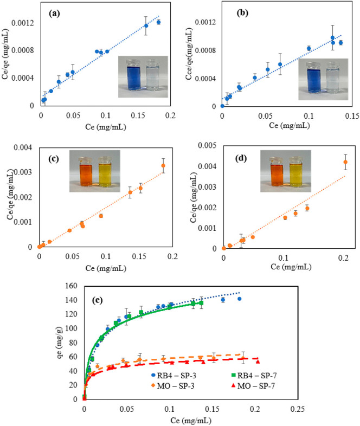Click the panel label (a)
pos(54,14)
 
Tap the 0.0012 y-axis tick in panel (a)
pos(23,23)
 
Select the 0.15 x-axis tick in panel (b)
pos(352,116)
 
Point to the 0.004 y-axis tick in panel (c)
pos(23,147)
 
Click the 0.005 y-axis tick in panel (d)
pos(207,145)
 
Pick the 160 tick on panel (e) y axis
pos(71,286)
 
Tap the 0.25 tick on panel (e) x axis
pos(297,409)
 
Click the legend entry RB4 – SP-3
pos(173,376)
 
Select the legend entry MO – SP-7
pos(254,386)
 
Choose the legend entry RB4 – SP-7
pos(254,376)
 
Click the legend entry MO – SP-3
pos(173,386)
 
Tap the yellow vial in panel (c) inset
pos(105,172)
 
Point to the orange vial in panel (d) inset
pos(277,172)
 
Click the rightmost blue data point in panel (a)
pos(158,22)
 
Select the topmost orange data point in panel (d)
pos(345,162)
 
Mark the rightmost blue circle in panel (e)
pos(239,299)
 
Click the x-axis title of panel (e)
pos(191,421)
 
